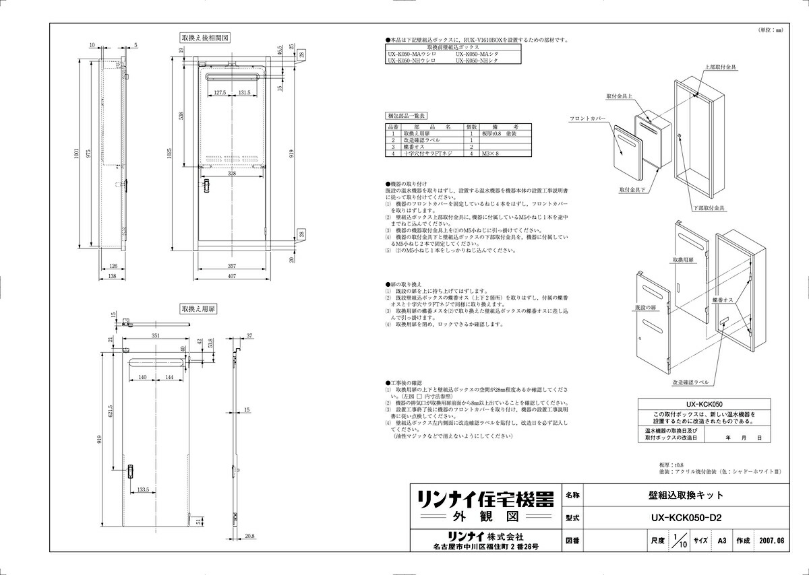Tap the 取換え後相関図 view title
coord(205,38)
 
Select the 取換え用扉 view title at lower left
coord(198,309)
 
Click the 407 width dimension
coord(231,276)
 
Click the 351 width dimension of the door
coord(156,335)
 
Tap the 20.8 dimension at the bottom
coord(250,536)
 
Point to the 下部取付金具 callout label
coord(709,208)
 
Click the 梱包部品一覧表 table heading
coord(406,116)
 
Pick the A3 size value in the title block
coord(722,540)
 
